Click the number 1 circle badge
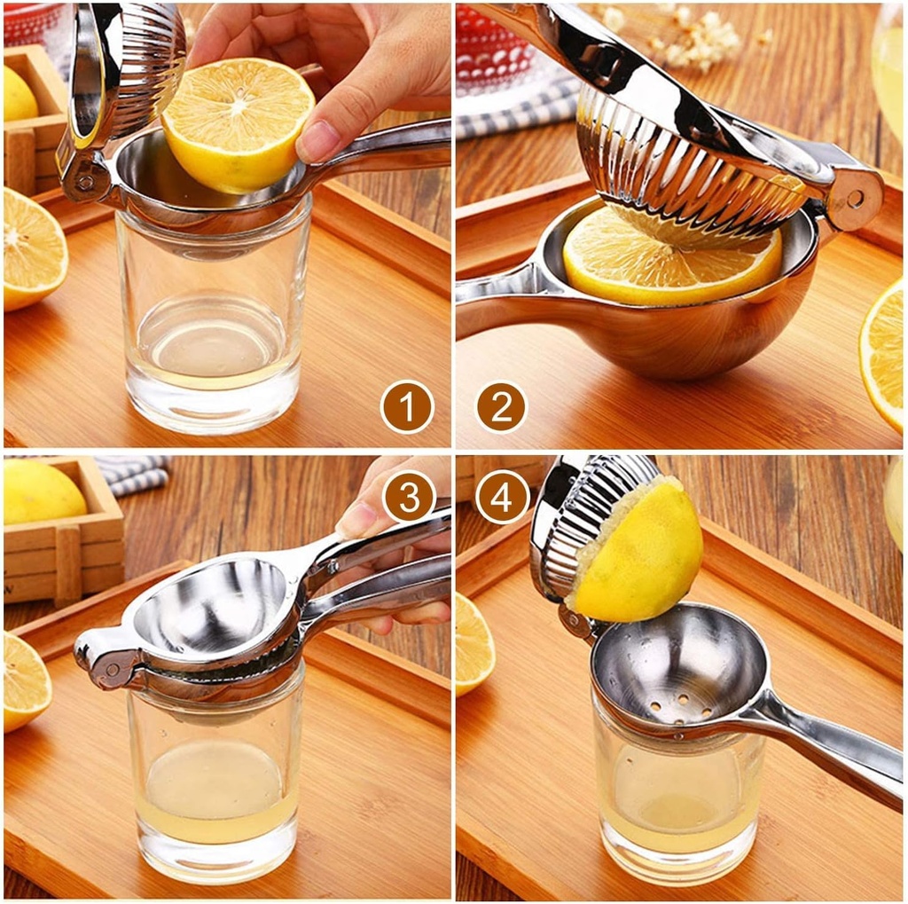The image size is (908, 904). [x=406, y=406]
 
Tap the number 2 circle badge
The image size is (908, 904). [x=501, y=406]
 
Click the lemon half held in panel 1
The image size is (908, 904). [x=237, y=123]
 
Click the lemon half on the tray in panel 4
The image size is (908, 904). [x=474, y=643]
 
